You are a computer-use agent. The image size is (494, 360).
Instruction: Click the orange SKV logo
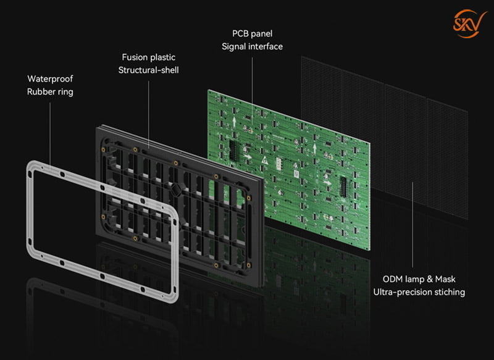tap(469, 23)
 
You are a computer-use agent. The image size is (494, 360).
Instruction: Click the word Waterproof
tap(50, 79)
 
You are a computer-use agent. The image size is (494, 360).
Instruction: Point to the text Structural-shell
tap(148, 70)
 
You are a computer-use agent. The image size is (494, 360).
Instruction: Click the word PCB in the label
tap(240, 33)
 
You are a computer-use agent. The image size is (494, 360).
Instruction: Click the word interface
tap(266, 46)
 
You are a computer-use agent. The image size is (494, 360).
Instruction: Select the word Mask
tap(445, 279)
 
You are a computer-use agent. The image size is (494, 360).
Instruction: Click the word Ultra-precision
tap(403, 292)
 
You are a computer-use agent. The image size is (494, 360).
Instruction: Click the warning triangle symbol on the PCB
tap(265, 161)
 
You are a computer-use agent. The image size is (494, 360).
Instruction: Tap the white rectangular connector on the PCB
tap(279, 164)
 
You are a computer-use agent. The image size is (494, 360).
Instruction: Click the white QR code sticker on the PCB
tap(296, 174)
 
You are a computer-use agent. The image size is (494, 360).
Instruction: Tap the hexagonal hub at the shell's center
tap(175, 190)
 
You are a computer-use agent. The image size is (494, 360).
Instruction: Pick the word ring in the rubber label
tap(65, 92)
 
